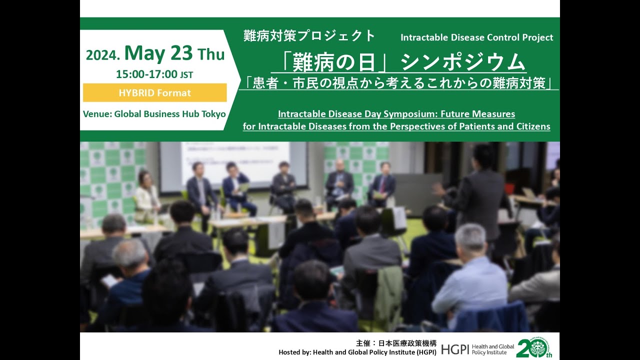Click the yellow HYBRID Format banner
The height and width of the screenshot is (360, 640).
[x=154, y=92]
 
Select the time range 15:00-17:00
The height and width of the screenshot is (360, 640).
[x=146, y=74]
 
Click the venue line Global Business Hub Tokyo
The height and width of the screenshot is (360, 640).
[x=154, y=114]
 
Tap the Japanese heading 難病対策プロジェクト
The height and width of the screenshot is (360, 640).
[x=309, y=36]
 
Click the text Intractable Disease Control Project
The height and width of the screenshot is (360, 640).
[x=476, y=37]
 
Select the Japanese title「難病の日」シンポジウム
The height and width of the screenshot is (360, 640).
[x=398, y=63]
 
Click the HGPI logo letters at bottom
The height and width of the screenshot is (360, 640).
[x=455, y=348]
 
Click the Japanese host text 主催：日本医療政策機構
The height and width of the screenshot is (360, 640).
[x=396, y=343]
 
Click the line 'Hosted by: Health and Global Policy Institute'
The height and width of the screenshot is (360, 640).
[x=357, y=352]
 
